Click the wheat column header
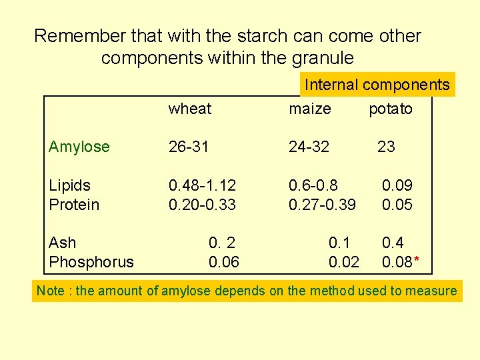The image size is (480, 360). [189, 109]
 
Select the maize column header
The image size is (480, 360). [309, 109]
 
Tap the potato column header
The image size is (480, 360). [391, 109]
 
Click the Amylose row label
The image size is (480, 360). [79, 147]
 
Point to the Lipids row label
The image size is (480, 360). [69, 185]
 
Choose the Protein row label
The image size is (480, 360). [73, 205]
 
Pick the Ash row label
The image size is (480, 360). [62, 243]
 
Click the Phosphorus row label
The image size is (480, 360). [91, 262]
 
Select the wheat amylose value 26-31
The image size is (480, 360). [189, 147]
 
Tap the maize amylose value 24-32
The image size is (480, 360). [309, 147]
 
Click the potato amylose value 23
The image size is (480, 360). [386, 147]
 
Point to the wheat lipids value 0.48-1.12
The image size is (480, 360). [202, 185]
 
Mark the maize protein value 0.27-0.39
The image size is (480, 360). [322, 205]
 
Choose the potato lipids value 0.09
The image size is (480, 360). [397, 185]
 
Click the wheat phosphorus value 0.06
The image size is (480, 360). [224, 262]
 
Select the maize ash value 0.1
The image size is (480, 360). [339, 243]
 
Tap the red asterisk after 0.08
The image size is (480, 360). [417, 261]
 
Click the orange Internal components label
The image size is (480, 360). [377, 85]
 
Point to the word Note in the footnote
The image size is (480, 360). [51, 291]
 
